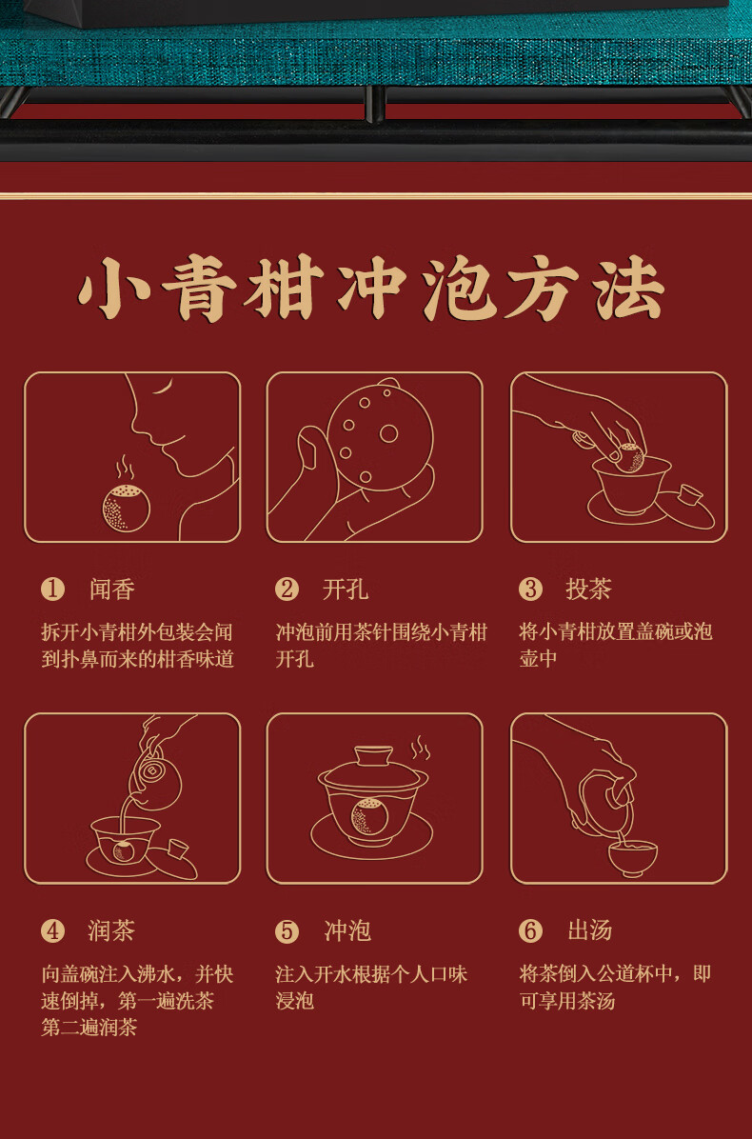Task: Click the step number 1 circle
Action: click(x=52, y=589)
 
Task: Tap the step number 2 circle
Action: click(x=287, y=589)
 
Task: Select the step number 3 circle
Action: click(x=530, y=589)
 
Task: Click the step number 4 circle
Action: click(x=52, y=930)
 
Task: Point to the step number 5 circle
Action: click(x=287, y=930)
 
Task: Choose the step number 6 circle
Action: click(x=530, y=930)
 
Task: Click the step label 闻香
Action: click(x=112, y=589)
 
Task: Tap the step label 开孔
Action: click(x=345, y=589)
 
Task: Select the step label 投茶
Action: click(x=588, y=589)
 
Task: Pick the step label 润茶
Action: click(x=112, y=930)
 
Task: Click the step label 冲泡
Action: click(x=347, y=930)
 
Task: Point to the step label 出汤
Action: click(x=589, y=930)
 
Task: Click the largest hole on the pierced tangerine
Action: click(x=388, y=433)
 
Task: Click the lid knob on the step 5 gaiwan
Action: click(x=374, y=755)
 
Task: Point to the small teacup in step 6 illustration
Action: click(x=633, y=856)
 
